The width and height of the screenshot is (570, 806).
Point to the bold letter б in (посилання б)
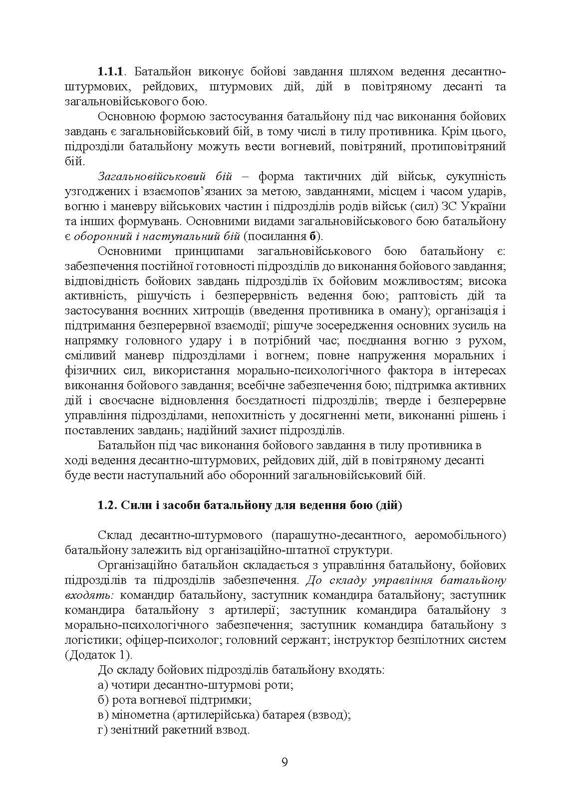(313, 237)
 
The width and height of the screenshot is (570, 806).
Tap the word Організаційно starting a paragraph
(138, 565)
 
